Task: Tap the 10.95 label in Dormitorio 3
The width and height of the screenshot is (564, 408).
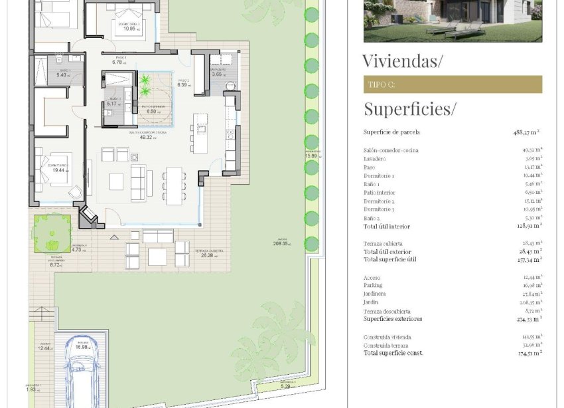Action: click(x=129, y=29)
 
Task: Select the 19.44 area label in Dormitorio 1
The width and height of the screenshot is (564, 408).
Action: click(x=58, y=170)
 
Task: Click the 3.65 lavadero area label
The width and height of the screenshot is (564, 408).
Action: click(x=217, y=74)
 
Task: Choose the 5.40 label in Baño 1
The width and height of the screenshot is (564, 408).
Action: click(x=62, y=75)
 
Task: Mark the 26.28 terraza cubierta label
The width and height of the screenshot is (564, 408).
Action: click(x=207, y=256)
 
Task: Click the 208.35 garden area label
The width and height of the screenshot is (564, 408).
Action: click(x=280, y=244)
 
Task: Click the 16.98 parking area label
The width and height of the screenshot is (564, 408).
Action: click(x=82, y=347)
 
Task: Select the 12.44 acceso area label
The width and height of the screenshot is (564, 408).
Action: click(x=44, y=348)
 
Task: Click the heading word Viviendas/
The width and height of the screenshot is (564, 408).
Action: click(x=402, y=61)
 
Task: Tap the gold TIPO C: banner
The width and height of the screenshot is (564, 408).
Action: click(x=453, y=84)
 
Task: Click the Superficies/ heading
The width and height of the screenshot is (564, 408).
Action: click(x=409, y=108)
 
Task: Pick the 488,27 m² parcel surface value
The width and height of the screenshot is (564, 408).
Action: click(x=526, y=132)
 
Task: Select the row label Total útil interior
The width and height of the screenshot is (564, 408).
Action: click(x=387, y=227)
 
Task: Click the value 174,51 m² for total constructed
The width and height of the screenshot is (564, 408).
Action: click(x=529, y=353)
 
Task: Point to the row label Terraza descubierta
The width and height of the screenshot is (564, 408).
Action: click(x=387, y=311)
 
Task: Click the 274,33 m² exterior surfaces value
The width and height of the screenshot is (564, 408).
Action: click(x=529, y=319)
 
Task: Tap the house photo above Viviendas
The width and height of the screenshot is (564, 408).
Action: click(x=453, y=21)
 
